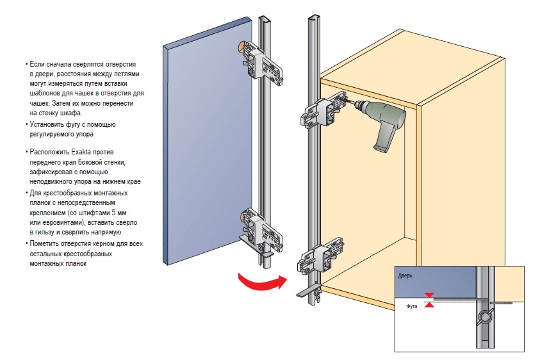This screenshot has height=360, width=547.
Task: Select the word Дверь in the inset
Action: (405, 275)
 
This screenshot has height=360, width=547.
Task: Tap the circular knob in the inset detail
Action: (484, 316)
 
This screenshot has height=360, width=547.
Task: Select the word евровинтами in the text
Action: (62, 222)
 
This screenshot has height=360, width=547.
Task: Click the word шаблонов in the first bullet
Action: (45, 93)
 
